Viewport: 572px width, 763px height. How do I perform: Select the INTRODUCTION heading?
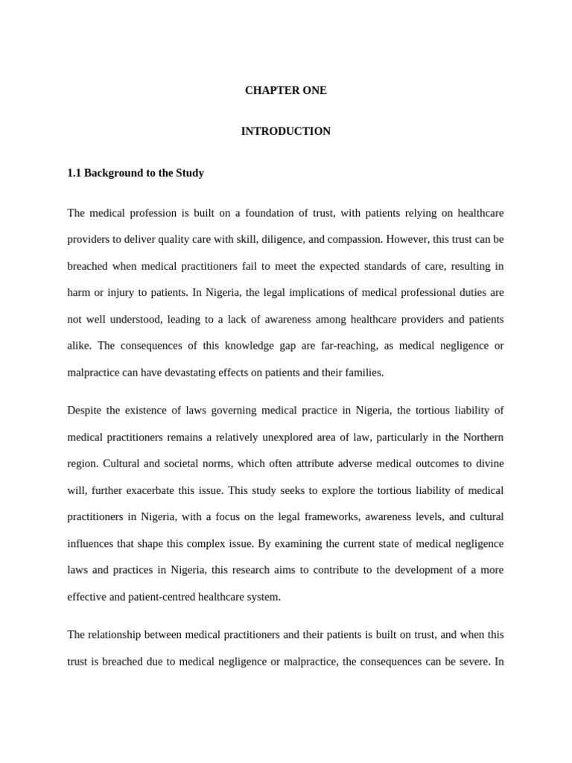(286, 131)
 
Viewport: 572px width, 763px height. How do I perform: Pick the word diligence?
(337, 239)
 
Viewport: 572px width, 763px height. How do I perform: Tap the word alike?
(80, 346)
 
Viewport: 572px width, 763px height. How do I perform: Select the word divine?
(489, 463)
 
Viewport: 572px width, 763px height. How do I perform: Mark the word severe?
(467, 661)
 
